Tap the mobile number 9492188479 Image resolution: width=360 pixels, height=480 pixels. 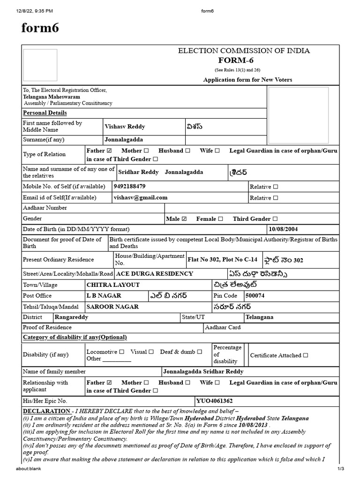pyautogui.click(x=129, y=186)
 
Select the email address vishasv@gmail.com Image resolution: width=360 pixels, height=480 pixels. pyautogui.click(x=140, y=197)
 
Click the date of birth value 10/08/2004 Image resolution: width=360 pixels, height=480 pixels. pyautogui.click(x=283, y=229)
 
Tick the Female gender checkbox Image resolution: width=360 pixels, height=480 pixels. pyautogui.click(x=220, y=218)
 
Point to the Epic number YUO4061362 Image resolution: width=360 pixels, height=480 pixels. pyautogui.click(x=215, y=401)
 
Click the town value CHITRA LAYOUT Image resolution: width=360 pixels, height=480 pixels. pyautogui.click(x=113, y=285)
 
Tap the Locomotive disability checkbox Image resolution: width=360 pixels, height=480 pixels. pyautogui.click(x=122, y=352)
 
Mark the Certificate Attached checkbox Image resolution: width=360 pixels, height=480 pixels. pyautogui.click(x=306, y=355)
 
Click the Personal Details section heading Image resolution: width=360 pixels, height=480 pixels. pyautogui.click(x=45, y=113)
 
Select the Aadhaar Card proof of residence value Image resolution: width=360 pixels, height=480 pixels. pyautogui.click(x=223, y=327)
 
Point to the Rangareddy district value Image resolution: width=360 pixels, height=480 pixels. pyautogui.click(x=71, y=317)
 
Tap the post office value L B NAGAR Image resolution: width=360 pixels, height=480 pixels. pyautogui.click(x=104, y=296)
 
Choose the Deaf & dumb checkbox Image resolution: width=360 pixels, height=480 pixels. pyautogui.click(x=200, y=352)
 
